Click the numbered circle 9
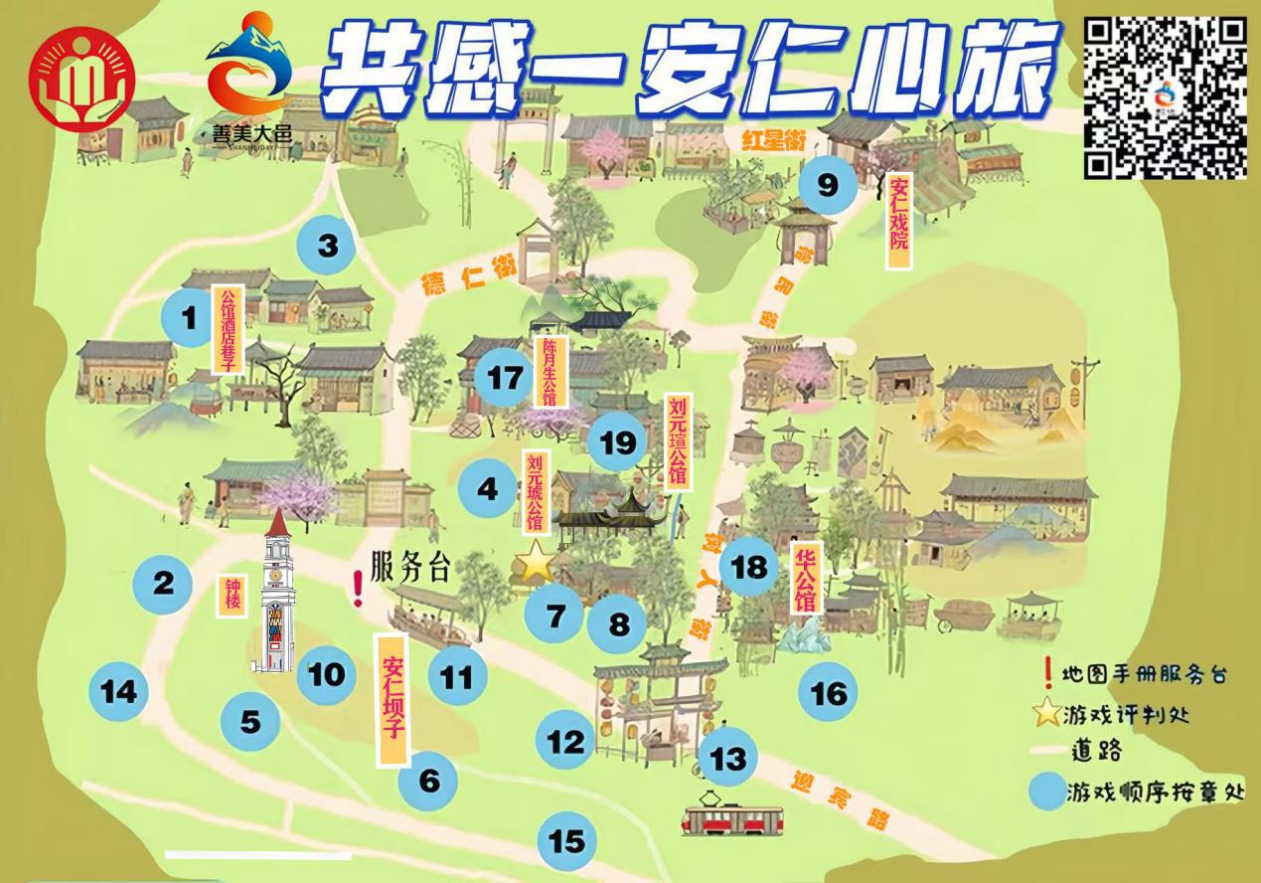point(827,185)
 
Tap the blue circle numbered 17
point(505,378)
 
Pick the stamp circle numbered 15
point(566,841)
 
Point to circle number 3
point(328,246)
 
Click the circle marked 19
point(617,442)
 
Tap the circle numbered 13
point(727,760)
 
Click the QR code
point(1164,96)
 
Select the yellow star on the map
point(536,563)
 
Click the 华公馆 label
point(804,579)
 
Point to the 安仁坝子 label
point(394,699)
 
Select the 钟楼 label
point(231,595)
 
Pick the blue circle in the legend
point(1047,792)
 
